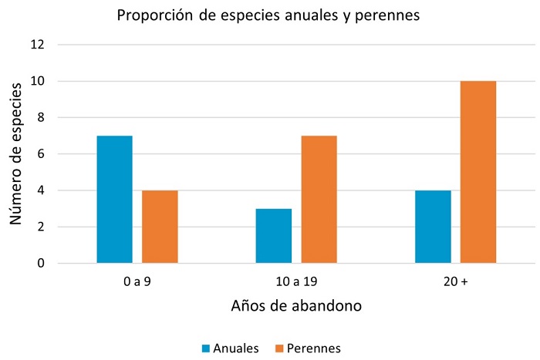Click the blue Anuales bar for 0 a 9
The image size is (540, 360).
click(115, 200)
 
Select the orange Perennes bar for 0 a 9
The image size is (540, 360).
click(160, 227)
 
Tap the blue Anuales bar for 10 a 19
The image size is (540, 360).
click(274, 236)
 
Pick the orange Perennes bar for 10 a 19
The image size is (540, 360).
click(319, 200)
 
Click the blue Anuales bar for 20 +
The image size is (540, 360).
click(433, 227)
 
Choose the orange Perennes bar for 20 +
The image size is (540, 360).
click(478, 172)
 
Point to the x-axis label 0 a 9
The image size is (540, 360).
click(137, 282)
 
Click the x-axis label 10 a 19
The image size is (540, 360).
click(296, 282)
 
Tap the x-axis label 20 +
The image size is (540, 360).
click(455, 282)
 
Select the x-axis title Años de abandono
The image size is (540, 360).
click(296, 305)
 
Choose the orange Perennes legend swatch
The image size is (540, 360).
click(278, 348)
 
